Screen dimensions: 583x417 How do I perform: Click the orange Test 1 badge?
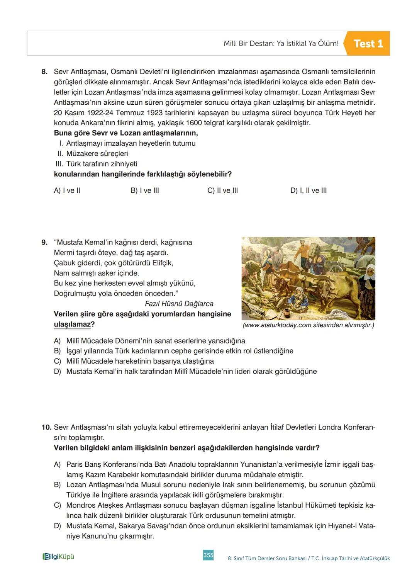(368, 44)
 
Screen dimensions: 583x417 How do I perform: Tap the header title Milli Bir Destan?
(281, 44)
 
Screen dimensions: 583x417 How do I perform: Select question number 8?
(44, 72)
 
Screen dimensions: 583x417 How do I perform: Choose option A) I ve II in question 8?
(67, 190)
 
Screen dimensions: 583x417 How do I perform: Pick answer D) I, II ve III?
(308, 190)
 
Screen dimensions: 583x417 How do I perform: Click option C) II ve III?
(222, 190)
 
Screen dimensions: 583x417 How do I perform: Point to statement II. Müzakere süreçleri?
(93, 153)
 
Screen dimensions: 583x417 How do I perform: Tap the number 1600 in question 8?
(194, 123)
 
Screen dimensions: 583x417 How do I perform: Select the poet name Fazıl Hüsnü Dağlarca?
(179, 304)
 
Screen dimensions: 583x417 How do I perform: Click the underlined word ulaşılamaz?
(72, 325)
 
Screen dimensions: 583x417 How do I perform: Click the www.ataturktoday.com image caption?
(308, 325)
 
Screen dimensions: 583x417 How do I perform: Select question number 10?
(46, 428)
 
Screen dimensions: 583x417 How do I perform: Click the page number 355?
(208, 555)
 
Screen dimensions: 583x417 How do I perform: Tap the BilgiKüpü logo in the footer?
(58, 557)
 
